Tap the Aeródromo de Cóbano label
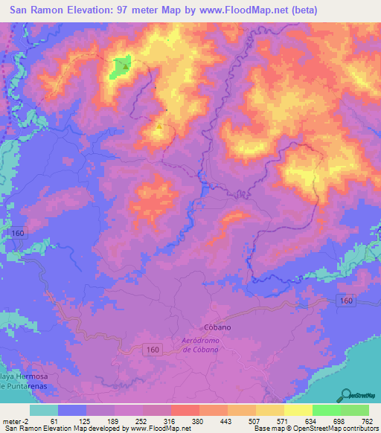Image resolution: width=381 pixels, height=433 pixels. pyautogui.click(x=208, y=344)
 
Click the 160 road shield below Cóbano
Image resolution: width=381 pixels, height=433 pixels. pyautogui.click(x=152, y=349)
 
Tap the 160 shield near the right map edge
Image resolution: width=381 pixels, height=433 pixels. pyautogui.click(x=343, y=300)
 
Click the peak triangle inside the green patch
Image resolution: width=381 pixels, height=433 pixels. pyautogui.click(x=125, y=65)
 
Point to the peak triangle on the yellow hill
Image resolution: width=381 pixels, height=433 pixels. pyautogui.click(x=158, y=126)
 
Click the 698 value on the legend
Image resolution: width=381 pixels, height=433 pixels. pyautogui.click(x=338, y=420)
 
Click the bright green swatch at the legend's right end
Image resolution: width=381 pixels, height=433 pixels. pyautogui.click(x=355, y=410)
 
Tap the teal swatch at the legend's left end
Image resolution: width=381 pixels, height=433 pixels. pyautogui.click(x=44, y=410)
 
